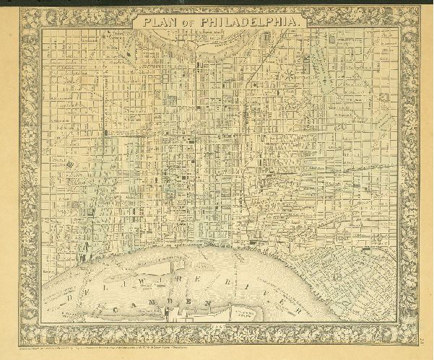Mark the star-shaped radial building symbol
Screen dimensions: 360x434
pyautogui.click(x=289, y=74)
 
